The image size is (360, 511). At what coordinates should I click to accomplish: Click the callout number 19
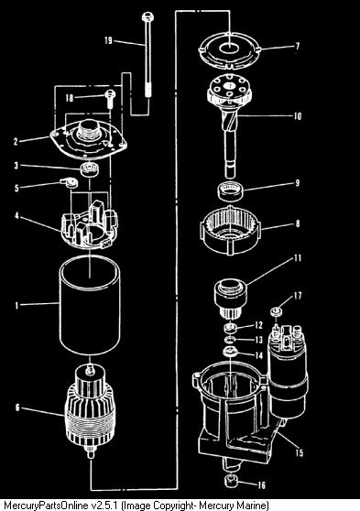click(108, 40)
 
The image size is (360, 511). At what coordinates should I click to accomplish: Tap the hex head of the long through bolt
click(147, 16)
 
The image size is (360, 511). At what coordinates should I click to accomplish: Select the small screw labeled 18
click(110, 98)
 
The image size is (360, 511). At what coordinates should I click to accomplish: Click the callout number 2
click(16, 141)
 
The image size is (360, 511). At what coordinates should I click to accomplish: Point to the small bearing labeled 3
click(90, 169)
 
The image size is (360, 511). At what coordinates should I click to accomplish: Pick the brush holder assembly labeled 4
click(90, 224)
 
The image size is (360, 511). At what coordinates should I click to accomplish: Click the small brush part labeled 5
click(69, 182)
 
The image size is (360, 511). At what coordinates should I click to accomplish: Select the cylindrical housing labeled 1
click(90, 305)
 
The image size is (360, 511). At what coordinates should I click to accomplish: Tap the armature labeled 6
click(91, 410)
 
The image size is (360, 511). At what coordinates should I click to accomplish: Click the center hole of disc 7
click(229, 49)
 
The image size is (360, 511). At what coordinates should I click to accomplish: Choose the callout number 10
click(298, 116)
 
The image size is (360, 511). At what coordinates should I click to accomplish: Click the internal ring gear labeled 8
click(230, 230)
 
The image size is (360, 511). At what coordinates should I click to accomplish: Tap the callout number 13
click(258, 341)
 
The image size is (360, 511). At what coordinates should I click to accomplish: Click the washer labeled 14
click(230, 353)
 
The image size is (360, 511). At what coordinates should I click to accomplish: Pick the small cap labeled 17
click(277, 311)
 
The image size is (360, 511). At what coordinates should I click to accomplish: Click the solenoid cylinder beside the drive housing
click(287, 372)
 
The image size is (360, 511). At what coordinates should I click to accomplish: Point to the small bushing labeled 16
click(232, 481)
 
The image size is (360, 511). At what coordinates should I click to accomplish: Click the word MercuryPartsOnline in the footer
click(41, 506)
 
